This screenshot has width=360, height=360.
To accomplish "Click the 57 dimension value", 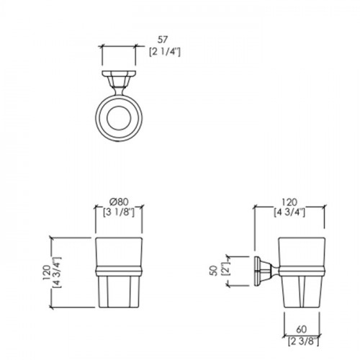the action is (x=163, y=40).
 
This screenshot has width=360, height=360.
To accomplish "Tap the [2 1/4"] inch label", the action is (x=165, y=52).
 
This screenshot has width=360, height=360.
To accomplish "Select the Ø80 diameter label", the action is (x=119, y=201).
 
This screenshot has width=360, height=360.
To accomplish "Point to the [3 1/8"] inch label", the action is (x=119, y=212).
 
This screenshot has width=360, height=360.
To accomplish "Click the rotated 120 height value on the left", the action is (x=46, y=273).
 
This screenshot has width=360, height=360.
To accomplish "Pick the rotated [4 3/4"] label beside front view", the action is (x=58, y=273).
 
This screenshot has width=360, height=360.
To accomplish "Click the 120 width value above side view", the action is (x=289, y=202).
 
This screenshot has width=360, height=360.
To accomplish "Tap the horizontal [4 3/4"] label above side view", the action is (x=289, y=212).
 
